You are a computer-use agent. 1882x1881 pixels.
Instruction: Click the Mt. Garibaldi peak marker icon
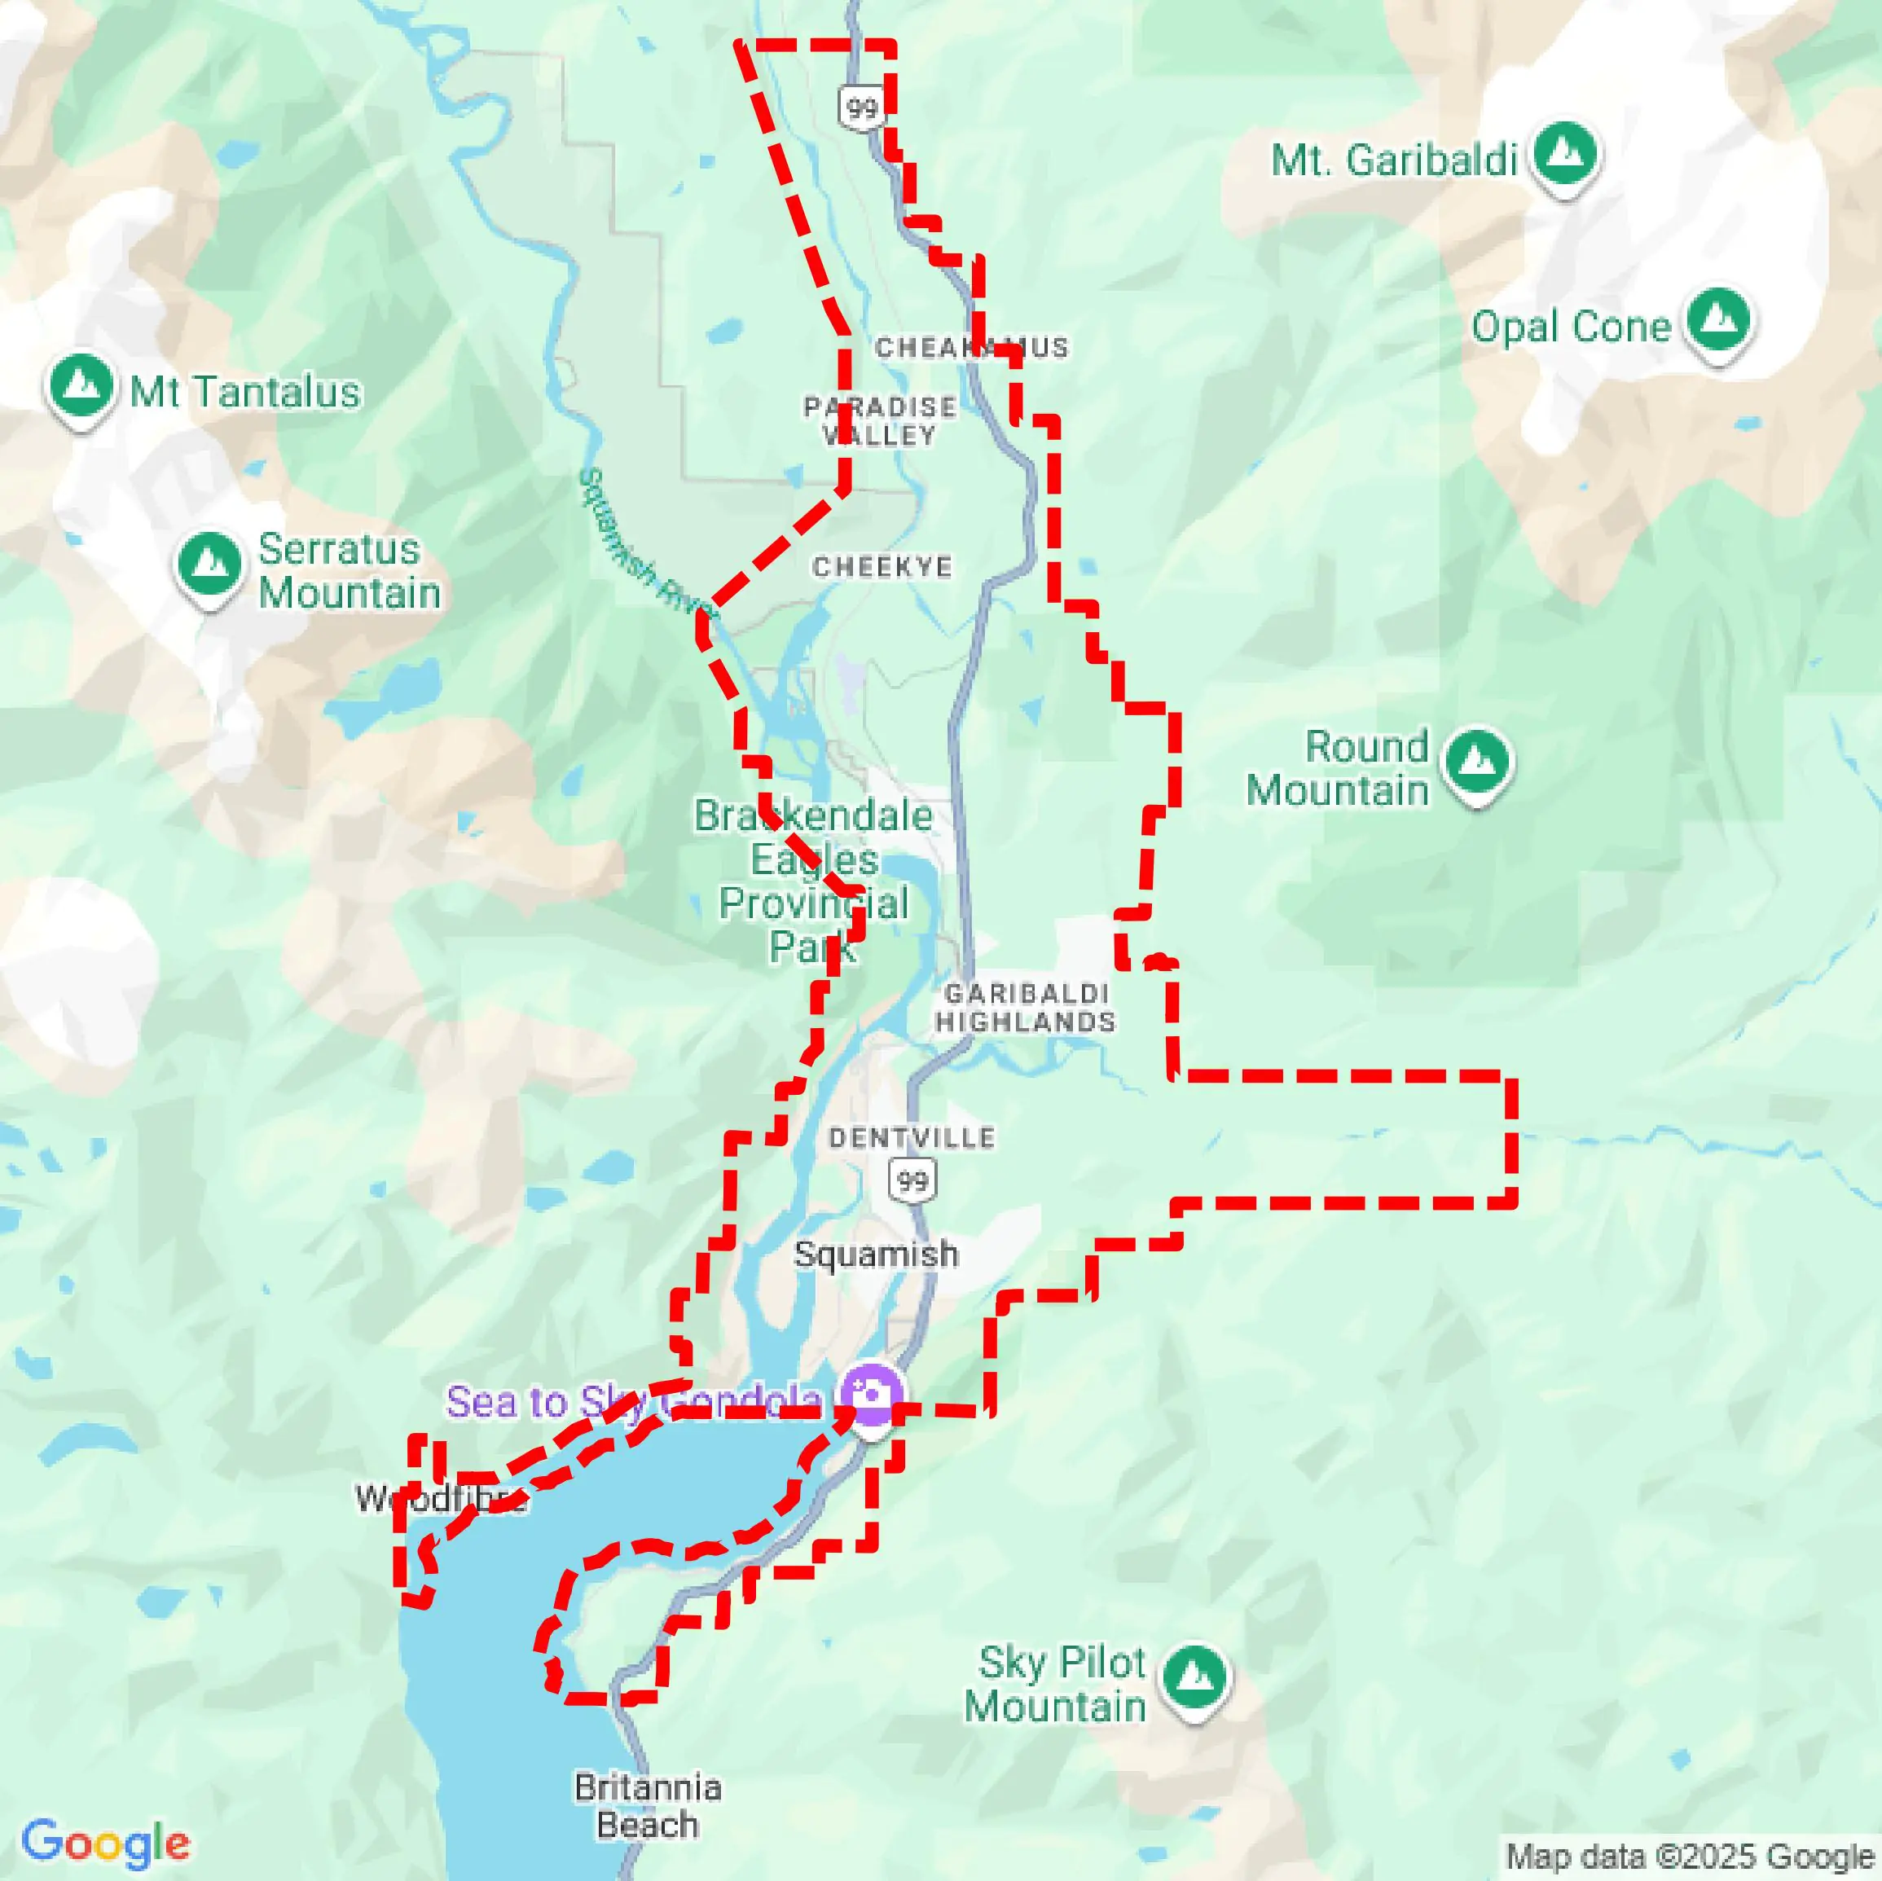[x=1564, y=154]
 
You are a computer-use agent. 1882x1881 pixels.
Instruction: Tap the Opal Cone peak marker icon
[x=1719, y=320]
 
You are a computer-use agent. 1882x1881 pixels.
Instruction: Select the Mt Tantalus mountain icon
[x=81, y=387]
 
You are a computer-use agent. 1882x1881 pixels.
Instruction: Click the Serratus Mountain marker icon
[x=209, y=565]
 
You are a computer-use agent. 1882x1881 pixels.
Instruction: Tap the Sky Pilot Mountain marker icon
[x=1195, y=1677]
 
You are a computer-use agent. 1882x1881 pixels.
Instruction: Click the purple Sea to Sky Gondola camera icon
[x=870, y=1395]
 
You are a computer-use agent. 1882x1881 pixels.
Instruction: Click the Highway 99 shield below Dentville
[x=912, y=1181]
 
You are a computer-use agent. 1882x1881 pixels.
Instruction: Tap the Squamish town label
[x=876, y=1255]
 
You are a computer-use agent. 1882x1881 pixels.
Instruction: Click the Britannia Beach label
[x=648, y=1806]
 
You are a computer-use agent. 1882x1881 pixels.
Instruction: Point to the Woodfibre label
[x=440, y=1498]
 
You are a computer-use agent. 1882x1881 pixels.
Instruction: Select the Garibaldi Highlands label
[x=1025, y=1007]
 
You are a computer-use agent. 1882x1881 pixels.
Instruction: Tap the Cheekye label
[x=882, y=567]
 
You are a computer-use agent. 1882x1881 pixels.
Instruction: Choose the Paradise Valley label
[x=880, y=421]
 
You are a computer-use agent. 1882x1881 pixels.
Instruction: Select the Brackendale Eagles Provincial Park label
[x=813, y=881]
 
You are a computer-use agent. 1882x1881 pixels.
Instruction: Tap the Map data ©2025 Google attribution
[x=1690, y=1857]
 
